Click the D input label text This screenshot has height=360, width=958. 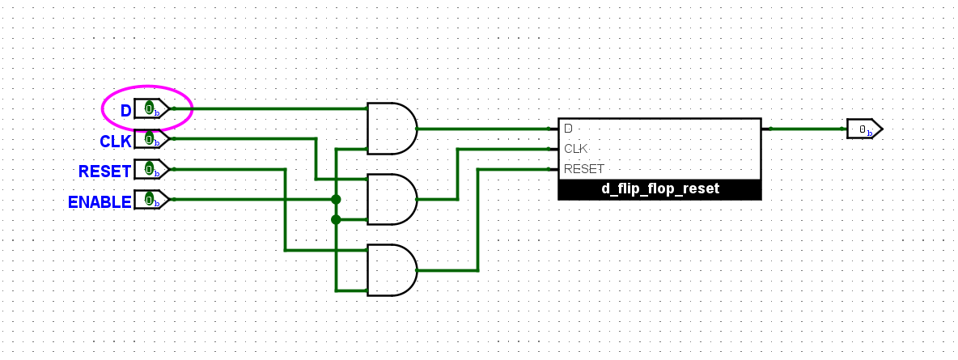(125, 111)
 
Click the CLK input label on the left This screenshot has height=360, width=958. (115, 142)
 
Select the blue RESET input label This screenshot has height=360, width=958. (104, 172)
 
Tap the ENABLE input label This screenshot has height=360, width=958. (100, 202)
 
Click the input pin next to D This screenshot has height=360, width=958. (151, 108)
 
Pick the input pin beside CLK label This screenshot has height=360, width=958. (151, 139)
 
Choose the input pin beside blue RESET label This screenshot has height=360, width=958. (151, 169)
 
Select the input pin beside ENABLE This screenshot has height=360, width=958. (151, 199)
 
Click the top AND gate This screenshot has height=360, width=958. (391, 129)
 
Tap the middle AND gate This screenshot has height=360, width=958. (391, 199)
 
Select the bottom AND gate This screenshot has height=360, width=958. (391, 270)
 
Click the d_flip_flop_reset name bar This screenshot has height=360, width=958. (659, 189)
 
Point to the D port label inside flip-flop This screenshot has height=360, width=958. (568, 129)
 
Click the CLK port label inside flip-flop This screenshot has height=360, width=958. (575, 149)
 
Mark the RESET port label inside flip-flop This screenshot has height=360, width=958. (583, 169)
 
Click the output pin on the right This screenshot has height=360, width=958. (863, 129)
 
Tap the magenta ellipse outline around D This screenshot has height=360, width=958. (191, 107)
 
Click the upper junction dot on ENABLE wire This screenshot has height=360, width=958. (336, 199)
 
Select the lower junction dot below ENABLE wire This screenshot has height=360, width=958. (336, 219)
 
